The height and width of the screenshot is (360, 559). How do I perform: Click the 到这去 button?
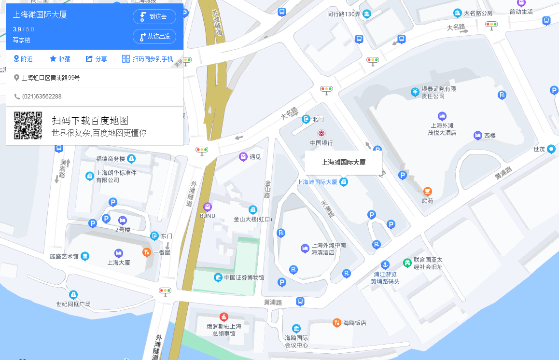[154, 17]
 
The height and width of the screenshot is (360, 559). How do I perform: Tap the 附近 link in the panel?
[23, 59]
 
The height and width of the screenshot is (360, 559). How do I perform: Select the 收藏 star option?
[60, 59]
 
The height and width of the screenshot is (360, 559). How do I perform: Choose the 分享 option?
[96, 59]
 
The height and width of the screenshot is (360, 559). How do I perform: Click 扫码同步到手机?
[147, 59]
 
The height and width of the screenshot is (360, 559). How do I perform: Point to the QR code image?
[28, 125]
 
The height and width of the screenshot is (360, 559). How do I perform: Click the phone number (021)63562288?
[42, 97]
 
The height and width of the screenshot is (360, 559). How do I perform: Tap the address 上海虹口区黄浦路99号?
[50, 78]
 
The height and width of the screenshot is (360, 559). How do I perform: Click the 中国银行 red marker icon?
[321, 133]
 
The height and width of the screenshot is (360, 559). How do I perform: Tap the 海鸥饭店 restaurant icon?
[337, 322]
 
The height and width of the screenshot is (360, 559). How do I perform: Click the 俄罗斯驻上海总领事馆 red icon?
[224, 317]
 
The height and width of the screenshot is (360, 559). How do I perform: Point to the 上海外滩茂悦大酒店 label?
[442, 129]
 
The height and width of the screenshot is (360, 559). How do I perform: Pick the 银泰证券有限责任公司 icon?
[415, 92]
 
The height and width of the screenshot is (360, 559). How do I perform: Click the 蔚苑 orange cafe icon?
[428, 191]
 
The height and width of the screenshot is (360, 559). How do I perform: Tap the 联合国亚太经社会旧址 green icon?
[407, 263]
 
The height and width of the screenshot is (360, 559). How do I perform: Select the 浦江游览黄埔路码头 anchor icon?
[385, 264]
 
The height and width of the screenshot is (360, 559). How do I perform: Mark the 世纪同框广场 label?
[73, 304]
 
